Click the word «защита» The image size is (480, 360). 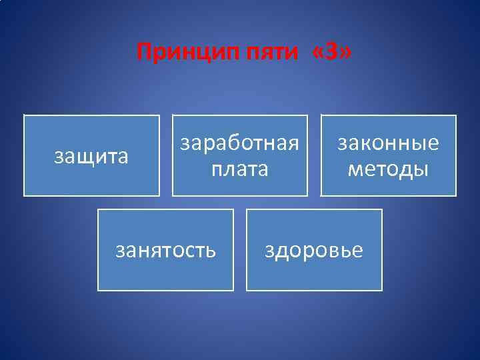point(91,157)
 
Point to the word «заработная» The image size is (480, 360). point(240,144)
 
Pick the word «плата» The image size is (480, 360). point(240,169)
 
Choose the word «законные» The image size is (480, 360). point(388,144)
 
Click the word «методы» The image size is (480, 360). point(388,169)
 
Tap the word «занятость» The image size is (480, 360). point(165,251)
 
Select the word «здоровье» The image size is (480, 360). point(314,251)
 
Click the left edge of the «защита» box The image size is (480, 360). point(24,155)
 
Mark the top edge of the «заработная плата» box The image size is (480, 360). point(240,115)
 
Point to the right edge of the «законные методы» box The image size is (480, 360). point(456,155)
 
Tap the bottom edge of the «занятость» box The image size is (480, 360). point(165,291)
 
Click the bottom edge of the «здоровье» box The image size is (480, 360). point(314,291)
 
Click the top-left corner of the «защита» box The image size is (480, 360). point(24,115)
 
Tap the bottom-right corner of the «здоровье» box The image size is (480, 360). point(382,291)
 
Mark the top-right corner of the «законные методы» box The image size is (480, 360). point(456,115)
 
